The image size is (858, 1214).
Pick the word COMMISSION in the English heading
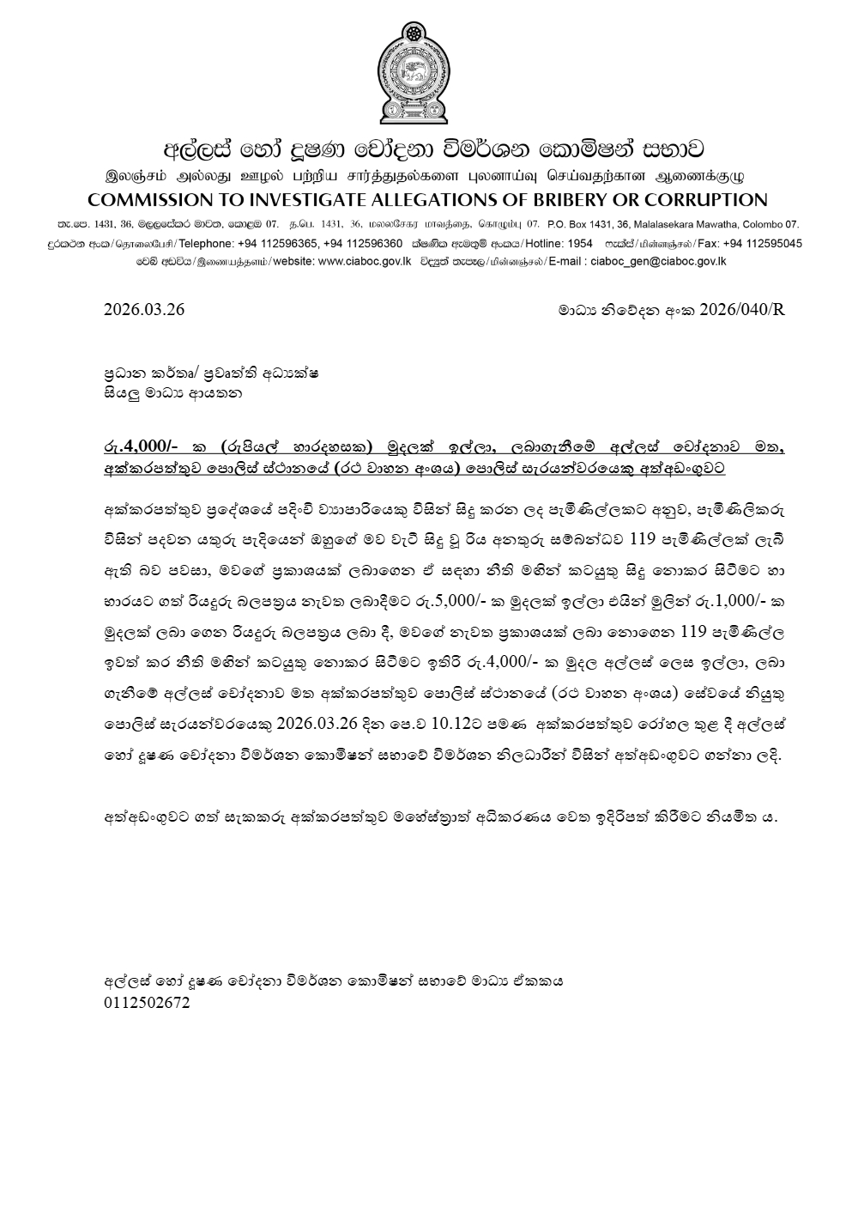coord(147,201)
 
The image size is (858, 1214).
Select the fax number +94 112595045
coord(763,244)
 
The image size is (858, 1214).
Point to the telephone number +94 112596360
coord(365,244)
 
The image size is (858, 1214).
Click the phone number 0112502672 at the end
coord(147,1003)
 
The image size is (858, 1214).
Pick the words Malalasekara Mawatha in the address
coord(677,223)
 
